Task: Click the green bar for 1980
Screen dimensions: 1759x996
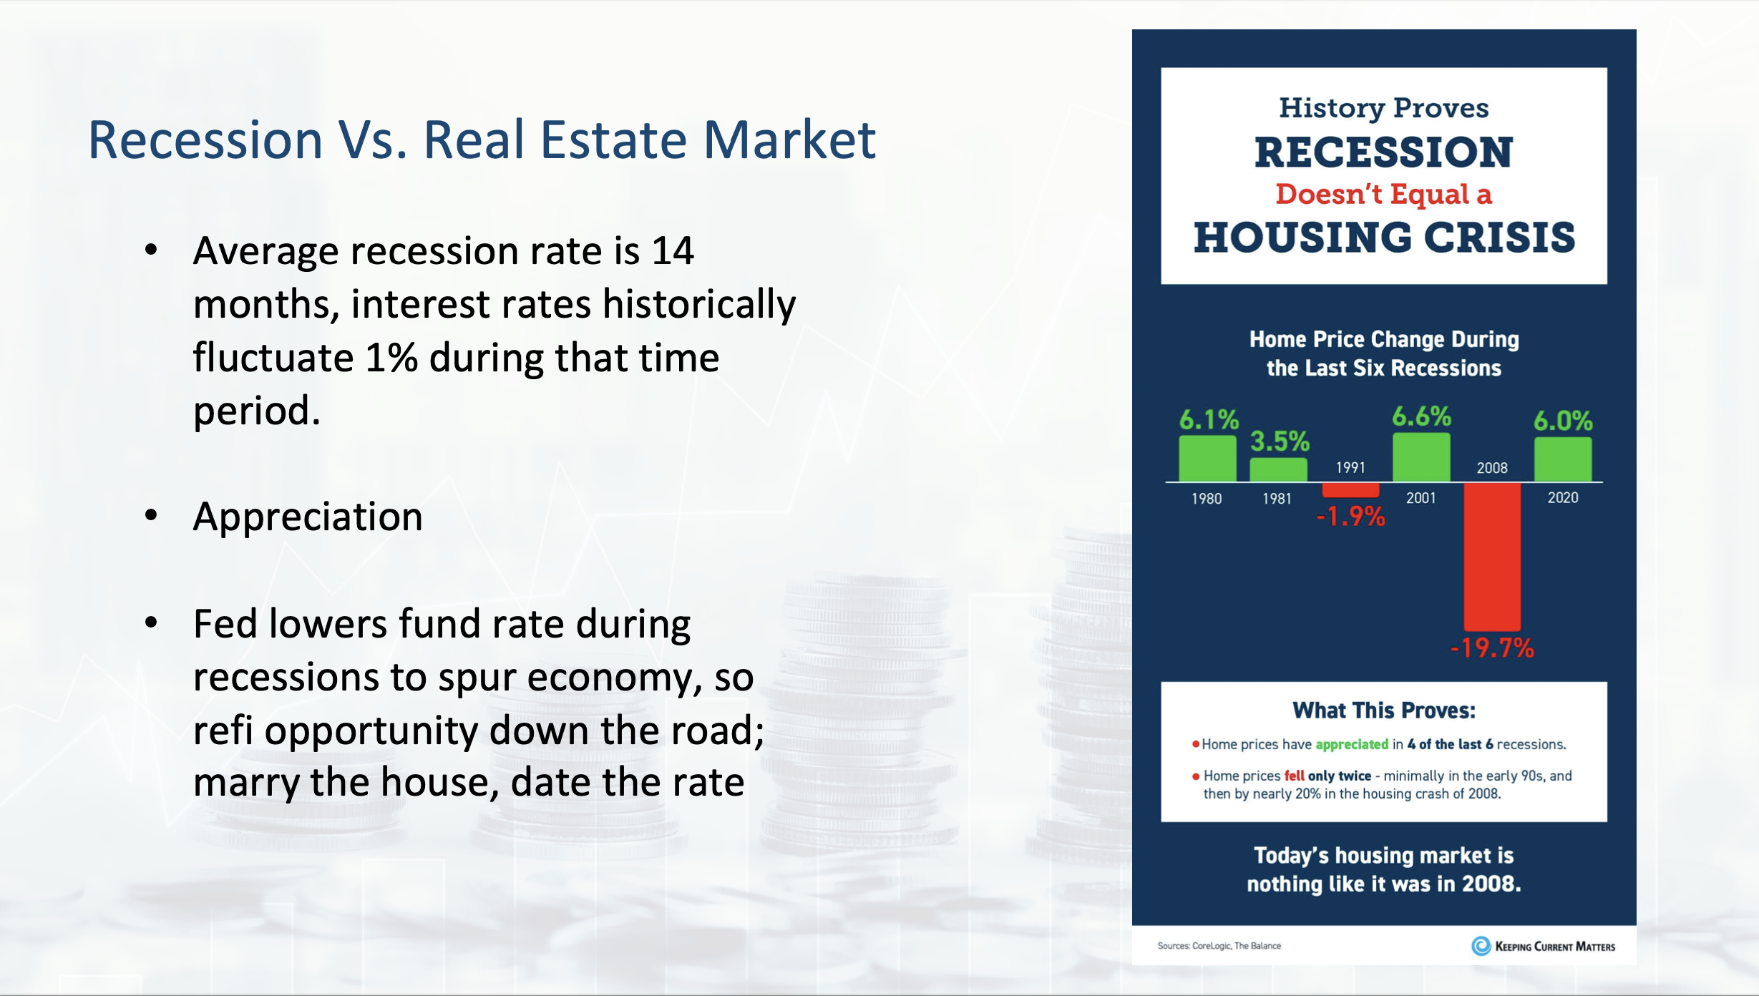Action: click(x=1207, y=458)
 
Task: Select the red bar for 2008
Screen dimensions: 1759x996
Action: click(x=1492, y=557)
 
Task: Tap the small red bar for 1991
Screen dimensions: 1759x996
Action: click(x=1350, y=490)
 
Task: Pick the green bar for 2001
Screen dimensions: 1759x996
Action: click(x=1421, y=456)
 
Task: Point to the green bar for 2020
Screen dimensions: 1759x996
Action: click(x=1563, y=459)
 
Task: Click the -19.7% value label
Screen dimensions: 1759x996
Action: click(x=1492, y=648)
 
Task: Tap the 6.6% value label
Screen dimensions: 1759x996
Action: click(x=1421, y=416)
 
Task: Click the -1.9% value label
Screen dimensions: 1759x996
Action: click(x=1350, y=516)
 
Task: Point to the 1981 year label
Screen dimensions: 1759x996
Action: click(x=1277, y=499)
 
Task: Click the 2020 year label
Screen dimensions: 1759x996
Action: click(x=1563, y=498)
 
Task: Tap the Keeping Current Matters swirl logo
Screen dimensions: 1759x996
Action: click(x=1481, y=946)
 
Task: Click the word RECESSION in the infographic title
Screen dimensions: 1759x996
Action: click(x=1384, y=152)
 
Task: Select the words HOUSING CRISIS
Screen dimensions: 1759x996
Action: click(x=1384, y=238)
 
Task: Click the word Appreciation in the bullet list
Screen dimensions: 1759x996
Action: click(x=308, y=517)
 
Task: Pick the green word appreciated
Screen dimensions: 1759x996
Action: click(x=1352, y=745)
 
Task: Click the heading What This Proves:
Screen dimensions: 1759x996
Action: click(x=1384, y=711)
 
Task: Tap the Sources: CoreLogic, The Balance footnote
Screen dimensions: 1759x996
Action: click(x=1219, y=946)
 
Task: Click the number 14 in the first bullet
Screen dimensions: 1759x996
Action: click(x=673, y=251)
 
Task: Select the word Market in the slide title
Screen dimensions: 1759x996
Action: click(x=790, y=140)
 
